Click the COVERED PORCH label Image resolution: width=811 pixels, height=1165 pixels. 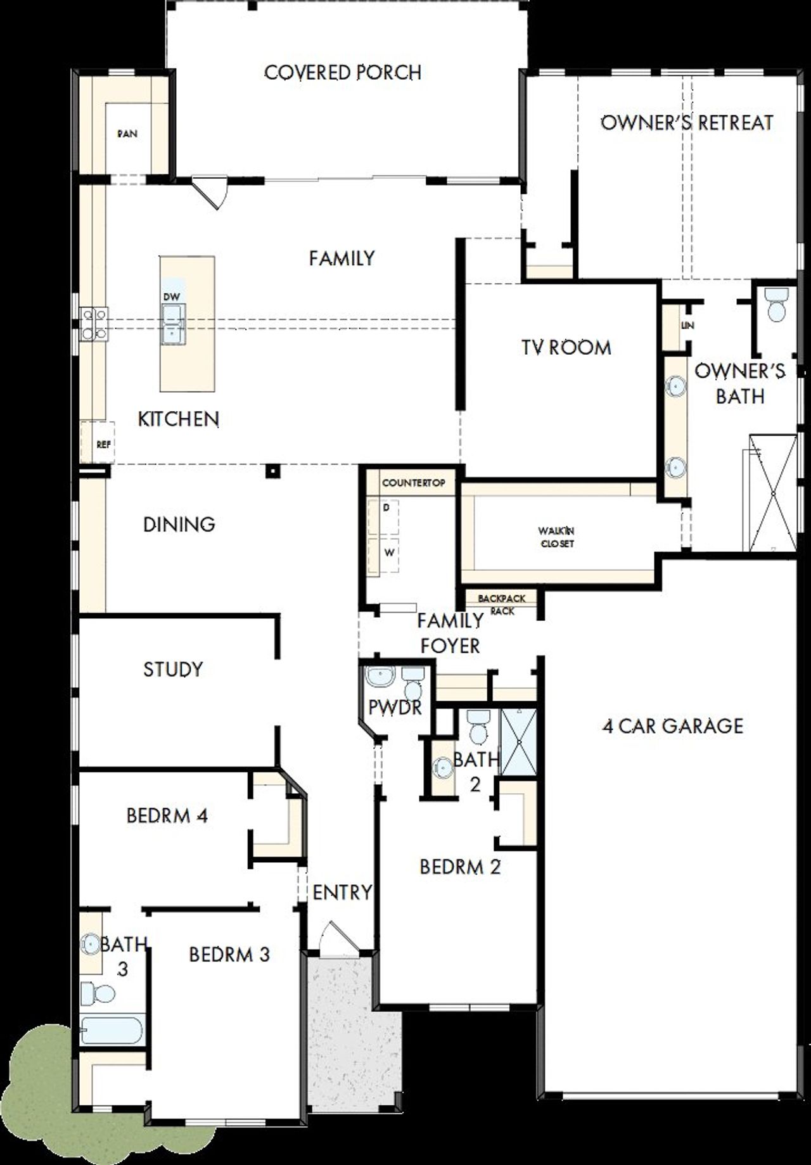pos(343,72)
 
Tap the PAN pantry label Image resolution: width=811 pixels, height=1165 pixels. pos(127,134)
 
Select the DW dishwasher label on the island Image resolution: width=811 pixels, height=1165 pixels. pos(171,296)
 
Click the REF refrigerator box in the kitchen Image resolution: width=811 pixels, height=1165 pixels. pos(98,443)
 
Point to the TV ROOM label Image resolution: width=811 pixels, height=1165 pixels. pos(566,347)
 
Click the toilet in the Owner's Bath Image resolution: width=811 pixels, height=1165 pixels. pos(776,305)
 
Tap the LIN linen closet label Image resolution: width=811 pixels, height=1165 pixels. pos(687,326)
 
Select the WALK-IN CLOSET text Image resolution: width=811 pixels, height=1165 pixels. pos(557,537)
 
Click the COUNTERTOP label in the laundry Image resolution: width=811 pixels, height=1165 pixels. pos(413,483)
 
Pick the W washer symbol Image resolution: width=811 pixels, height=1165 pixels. pos(389,552)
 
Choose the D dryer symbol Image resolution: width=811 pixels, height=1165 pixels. pos(386,508)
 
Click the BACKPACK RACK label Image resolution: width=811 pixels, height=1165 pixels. pos(501,604)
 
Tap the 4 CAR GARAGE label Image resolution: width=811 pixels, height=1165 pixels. pos(672,726)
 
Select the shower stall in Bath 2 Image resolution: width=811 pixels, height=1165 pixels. pos(518,742)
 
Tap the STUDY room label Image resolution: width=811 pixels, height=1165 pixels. pos(173,669)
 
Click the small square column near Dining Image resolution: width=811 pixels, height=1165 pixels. pos(272,471)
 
